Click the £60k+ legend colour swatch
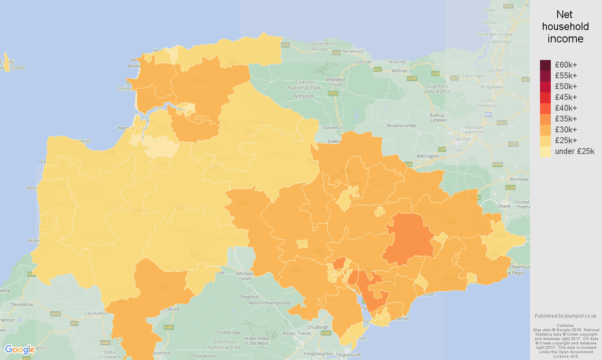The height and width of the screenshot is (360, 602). (545, 65)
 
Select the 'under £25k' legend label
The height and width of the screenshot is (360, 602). (574, 151)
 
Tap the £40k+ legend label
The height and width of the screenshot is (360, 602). (566, 108)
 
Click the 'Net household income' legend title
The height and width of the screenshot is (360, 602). (565, 27)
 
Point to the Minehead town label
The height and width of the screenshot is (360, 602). (353, 51)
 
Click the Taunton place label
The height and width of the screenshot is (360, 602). (462, 139)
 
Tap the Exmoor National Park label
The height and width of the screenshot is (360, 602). (305, 85)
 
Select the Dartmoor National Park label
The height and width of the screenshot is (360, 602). (225, 344)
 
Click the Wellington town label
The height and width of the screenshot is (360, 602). (427, 156)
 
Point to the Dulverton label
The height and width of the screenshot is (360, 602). (333, 128)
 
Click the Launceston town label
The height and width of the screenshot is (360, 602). (96, 313)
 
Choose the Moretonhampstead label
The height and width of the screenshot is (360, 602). (269, 303)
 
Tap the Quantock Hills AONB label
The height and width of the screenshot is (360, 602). (437, 89)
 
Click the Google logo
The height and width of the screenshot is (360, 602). (20, 350)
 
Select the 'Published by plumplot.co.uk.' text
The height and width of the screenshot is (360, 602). (566, 316)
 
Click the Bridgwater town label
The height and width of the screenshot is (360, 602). (492, 87)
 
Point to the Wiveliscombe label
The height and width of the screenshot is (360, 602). (402, 126)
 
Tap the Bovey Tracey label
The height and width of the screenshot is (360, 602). (297, 333)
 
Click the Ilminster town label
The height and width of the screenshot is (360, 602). (519, 179)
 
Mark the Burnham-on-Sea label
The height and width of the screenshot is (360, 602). (494, 34)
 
